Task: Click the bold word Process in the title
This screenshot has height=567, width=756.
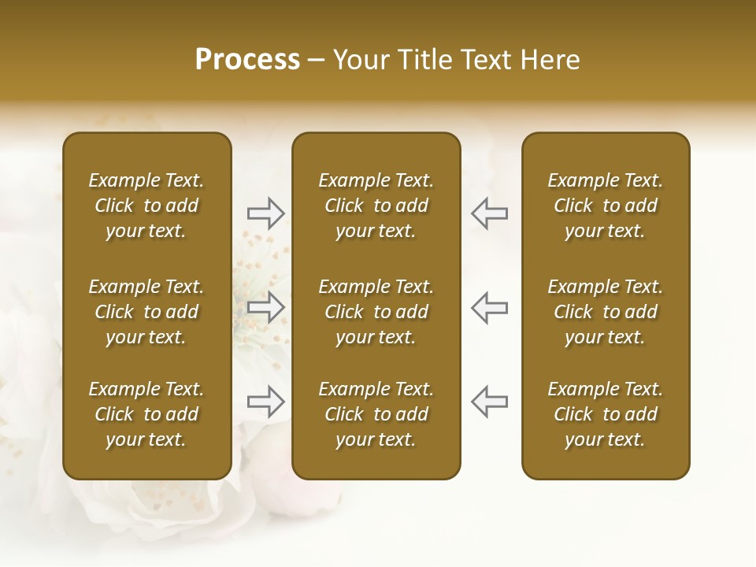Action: [x=247, y=60]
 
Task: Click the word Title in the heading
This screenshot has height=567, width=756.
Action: [x=424, y=60]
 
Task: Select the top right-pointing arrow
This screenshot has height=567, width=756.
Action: [x=265, y=213]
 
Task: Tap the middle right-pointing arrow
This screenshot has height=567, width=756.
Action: [x=265, y=307]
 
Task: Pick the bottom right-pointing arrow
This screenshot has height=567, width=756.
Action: [x=265, y=402]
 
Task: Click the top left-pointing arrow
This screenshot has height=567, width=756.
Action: [x=489, y=213]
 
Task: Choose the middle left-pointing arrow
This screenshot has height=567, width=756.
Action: [x=489, y=307]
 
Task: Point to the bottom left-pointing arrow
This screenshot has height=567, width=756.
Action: [x=489, y=402]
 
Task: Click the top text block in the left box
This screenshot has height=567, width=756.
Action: [x=146, y=206]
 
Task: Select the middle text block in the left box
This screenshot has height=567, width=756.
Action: [x=146, y=312]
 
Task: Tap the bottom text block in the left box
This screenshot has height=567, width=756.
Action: [x=146, y=414]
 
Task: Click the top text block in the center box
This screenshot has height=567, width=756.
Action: [x=376, y=206]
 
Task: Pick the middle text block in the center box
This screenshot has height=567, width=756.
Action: [x=376, y=312]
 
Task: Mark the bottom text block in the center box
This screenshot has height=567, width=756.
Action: [x=376, y=414]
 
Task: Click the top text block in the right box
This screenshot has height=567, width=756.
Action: [x=605, y=206]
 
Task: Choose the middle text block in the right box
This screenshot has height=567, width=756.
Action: [x=605, y=312]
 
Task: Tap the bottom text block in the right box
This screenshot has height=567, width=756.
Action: [x=605, y=414]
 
